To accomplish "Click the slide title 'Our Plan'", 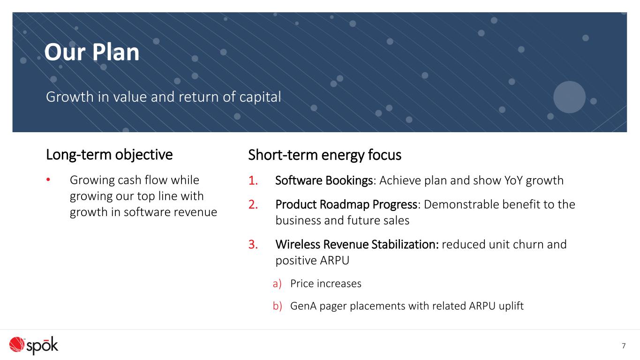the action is point(92,52).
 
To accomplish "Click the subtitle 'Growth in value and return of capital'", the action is point(164,97).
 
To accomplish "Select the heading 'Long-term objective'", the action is point(109,155).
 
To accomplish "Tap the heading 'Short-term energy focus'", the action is point(324,155).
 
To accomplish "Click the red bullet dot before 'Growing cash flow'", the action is point(48,180).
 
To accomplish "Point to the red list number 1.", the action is point(253,180).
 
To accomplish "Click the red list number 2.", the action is point(253,204).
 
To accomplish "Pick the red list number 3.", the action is point(253,245).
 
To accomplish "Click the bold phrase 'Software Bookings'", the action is point(324,180).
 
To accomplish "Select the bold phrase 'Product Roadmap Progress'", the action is point(346,204).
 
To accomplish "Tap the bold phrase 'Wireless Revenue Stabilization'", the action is point(357,245).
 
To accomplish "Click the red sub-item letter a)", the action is point(277,284).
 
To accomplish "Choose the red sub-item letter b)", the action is point(277,306).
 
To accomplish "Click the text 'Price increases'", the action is point(326,284).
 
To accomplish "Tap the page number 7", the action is point(624,346).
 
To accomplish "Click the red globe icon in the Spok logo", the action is point(16,344).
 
